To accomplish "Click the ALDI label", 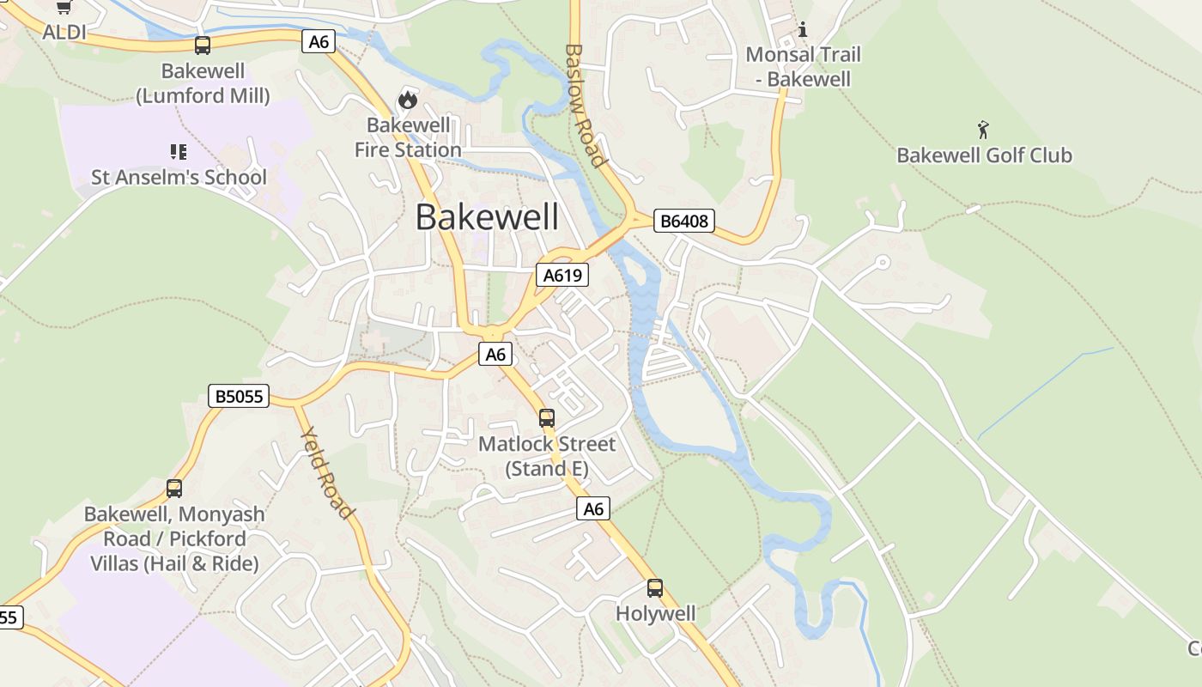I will tap(64, 33).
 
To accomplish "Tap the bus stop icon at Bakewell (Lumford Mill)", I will tap(203, 46).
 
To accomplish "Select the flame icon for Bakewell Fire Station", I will tap(408, 100).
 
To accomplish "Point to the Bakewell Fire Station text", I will tap(408, 137).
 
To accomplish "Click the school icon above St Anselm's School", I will tap(179, 153).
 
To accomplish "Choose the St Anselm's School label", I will tap(179, 178).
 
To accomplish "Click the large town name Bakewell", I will tap(487, 217).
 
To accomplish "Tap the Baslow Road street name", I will tap(586, 106).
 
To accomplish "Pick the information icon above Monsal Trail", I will tap(803, 30).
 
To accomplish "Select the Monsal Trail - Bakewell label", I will tap(803, 67).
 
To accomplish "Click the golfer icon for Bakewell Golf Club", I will tap(984, 131).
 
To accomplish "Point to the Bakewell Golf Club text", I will tap(984, 155).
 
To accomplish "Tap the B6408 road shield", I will tap(684, 221).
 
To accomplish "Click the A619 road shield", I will tap(563, 275).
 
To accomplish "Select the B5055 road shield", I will tap(240, 396).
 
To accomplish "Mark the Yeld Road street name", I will tap(328, 473).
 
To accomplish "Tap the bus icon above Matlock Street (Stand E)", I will tap(547, 418).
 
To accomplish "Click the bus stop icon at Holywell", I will tap(655, 588).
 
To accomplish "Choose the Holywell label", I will tap(655, 614).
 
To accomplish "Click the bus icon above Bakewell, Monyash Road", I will tap(174, 489).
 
